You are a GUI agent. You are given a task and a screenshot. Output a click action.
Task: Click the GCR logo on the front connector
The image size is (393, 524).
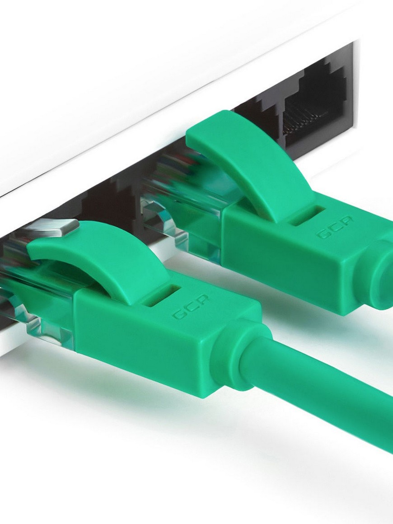pyautogui.click(x=191, y=306)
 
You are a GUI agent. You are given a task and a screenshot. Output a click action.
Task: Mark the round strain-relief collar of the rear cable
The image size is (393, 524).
pyautogui.click(x=380, y=277)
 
